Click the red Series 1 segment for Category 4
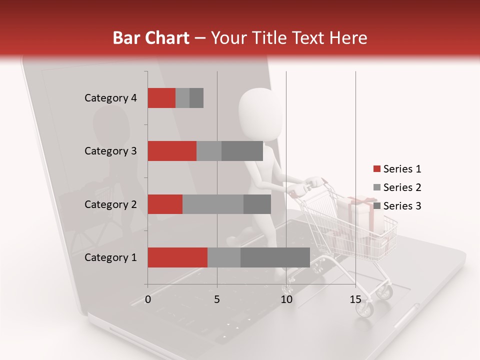tap(161, 98)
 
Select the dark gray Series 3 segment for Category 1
tap(275, 257)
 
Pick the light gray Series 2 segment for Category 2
tap(213, 204)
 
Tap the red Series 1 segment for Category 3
tap(172, 151)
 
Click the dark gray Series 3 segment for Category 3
tap(242, 151)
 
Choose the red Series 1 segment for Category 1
tap(177, 257)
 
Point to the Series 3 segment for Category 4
tap(196, 98)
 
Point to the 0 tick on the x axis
tap(148, 299)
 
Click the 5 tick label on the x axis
tap(217, 299)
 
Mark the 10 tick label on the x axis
tap(286, 299)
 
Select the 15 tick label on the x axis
tap(355, 299)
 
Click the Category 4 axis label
tap(110, 98)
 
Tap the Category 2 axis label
tap(110, 204)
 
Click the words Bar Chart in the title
tap(151, 38)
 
